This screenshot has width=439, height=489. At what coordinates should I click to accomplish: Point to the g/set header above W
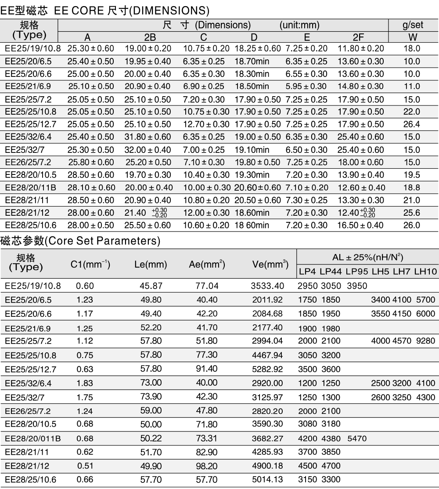point(413,25)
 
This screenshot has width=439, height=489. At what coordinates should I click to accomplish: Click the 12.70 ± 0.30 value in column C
point(206,124)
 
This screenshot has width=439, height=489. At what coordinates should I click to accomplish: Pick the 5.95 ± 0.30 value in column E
point(306,87)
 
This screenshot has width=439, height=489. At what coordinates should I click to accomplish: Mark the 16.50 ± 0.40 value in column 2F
point(360,225)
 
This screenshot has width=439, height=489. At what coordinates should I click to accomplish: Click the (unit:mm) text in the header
point(299,25)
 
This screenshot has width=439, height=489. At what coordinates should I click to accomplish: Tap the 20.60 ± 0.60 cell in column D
point(257,188)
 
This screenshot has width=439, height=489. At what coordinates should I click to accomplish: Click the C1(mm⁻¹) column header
point(90,264)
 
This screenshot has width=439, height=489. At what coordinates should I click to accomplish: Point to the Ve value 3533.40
point(267,286)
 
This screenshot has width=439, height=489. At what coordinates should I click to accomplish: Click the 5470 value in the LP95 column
point(356,438)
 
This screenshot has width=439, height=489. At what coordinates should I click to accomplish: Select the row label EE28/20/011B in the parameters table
point(33,438)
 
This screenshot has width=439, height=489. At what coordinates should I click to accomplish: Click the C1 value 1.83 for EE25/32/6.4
point(85,384)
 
